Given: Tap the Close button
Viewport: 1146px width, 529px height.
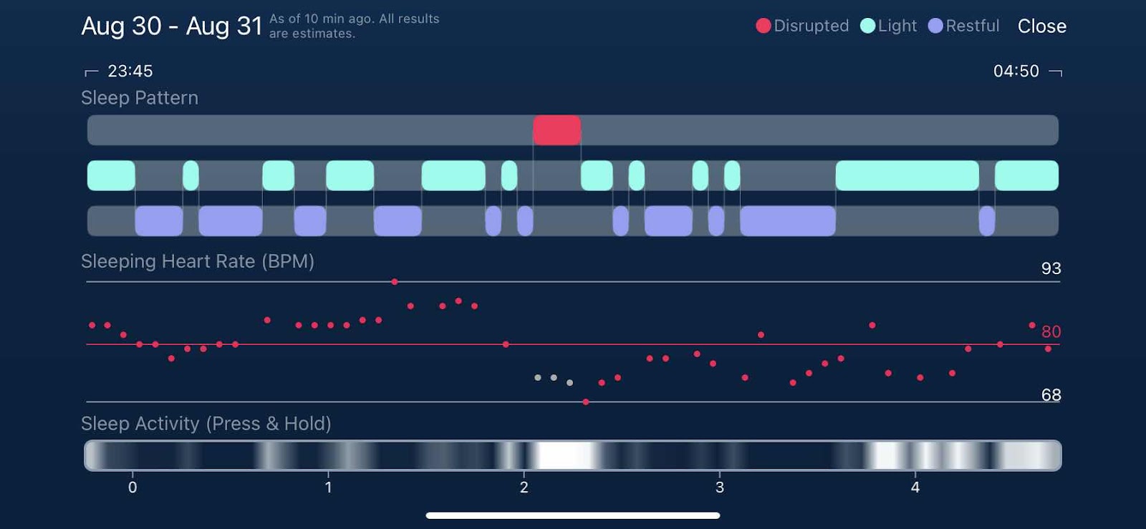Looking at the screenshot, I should click(1041, 26).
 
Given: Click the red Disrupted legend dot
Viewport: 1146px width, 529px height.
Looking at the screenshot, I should click(764, 26).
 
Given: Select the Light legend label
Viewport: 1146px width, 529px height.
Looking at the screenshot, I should click(897, 26).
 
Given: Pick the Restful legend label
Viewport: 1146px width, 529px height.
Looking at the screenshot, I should click(972, 26).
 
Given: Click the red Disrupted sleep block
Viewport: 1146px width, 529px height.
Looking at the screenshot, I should click(557, 130).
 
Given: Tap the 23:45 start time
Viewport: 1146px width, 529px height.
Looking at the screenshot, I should click(130, 71).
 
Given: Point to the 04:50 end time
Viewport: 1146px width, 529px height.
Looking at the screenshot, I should click(1016, 71).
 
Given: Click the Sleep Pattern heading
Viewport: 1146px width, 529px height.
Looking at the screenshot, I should click(140, 98).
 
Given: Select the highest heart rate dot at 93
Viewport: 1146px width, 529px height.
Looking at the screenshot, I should click(395, 282).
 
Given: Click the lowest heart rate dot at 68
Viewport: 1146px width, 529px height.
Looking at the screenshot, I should click(586, 402).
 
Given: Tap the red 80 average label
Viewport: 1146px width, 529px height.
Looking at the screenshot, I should click(1051, 331).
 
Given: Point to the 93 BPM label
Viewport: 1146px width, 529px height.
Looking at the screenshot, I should click(1051, 268).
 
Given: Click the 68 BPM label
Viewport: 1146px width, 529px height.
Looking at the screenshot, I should click(1051, 394).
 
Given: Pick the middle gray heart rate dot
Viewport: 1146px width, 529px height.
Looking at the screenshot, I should click(554, 377).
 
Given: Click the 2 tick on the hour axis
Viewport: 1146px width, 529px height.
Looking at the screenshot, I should click(524, 487).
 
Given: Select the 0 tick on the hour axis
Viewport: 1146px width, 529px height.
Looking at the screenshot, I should click(133, 487).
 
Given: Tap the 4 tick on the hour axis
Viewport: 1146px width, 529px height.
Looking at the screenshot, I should click(915, 487).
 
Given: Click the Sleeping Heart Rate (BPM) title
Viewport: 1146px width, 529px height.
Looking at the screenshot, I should click(198, 261).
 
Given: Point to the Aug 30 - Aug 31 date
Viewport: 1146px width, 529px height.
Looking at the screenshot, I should click(172, 26).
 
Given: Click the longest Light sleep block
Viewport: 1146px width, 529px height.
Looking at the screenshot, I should click(907, 175).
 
